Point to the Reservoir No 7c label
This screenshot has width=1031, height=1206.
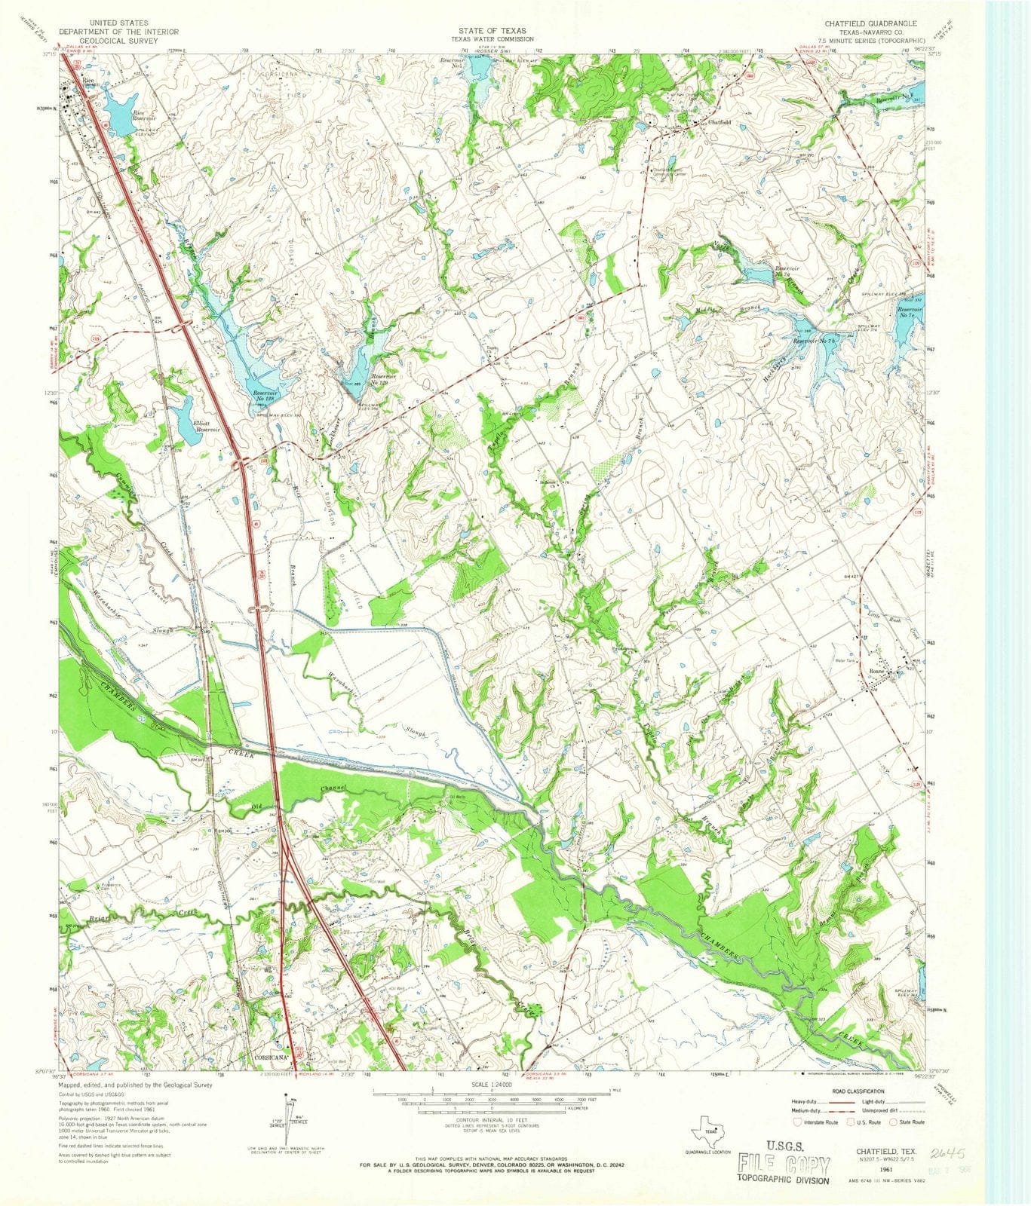[x=910, y=314]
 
